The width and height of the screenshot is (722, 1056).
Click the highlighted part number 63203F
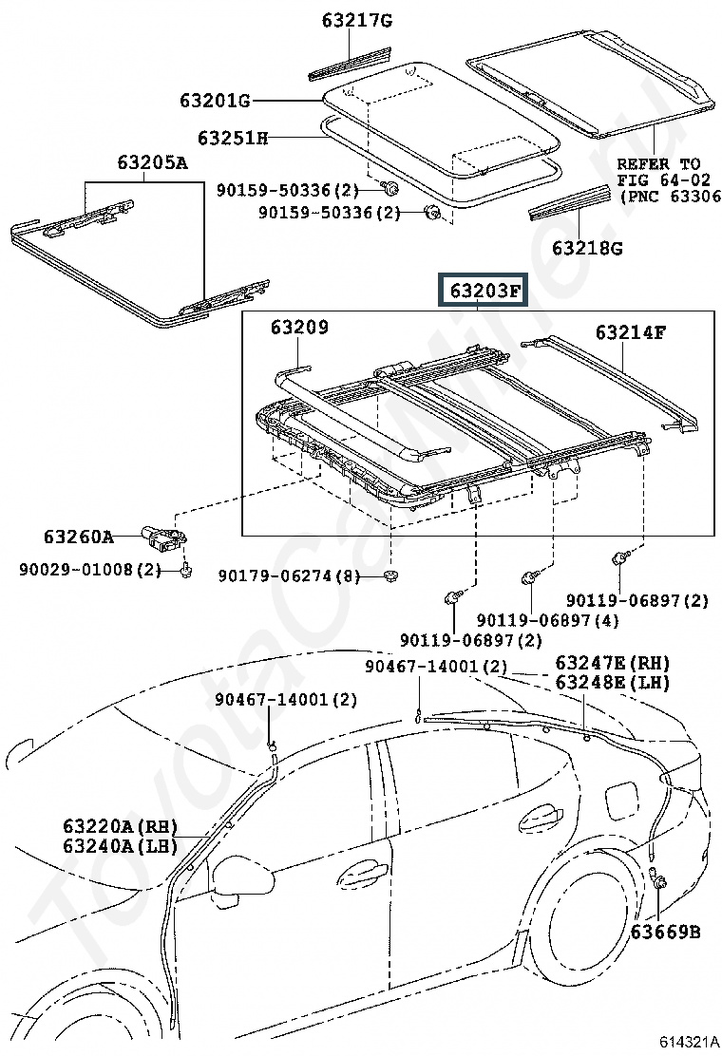[x=484, y=290]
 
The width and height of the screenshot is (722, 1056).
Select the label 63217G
[x=357, y=21]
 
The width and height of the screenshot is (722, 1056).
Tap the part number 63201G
[x=215, y=101]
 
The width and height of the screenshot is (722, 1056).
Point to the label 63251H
[x=233, y=138]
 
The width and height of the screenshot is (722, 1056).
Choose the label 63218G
[x=587, y=248]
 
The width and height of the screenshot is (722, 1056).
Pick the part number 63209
[x=299, y=328]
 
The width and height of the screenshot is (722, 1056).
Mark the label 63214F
[x=631, y=332]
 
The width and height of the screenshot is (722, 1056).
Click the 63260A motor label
[x=79, y=537]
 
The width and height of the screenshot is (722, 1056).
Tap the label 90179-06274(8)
[x=288, y=575]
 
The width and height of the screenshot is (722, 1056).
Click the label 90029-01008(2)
[x=90, y=570]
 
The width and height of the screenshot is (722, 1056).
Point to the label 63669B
[x=665, y=933]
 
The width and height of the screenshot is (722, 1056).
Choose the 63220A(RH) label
[x=121, y=826]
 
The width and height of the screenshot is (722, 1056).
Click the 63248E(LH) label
[x=613, y=683]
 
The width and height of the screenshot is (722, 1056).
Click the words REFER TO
[x=658, y=163]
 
